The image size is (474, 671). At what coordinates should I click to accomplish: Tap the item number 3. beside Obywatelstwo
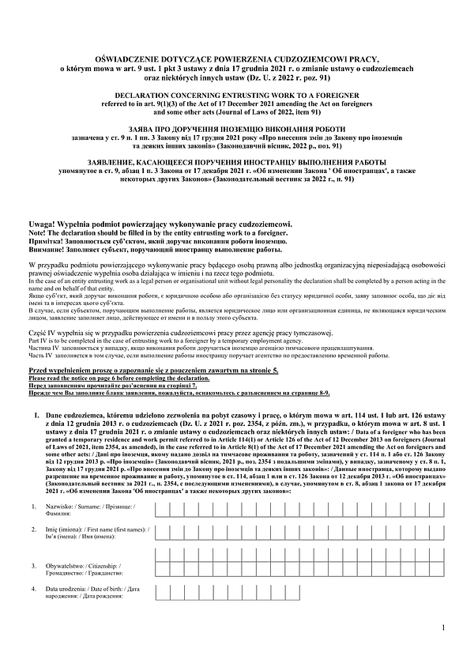pyautogui.click(x=33, y=566)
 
